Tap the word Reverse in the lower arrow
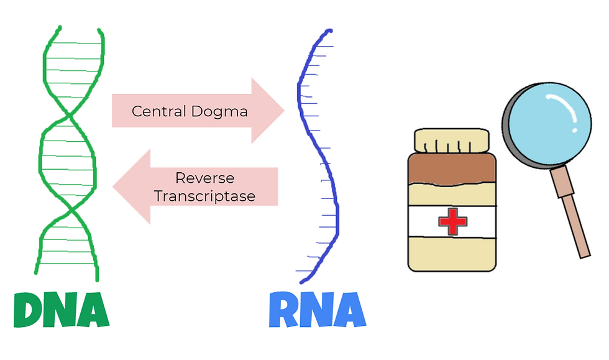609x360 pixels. [204, 178]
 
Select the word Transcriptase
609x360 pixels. [204, 196]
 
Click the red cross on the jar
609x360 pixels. [452, 221]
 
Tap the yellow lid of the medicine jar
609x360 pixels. [452, 141]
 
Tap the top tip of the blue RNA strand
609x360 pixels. [329, 30]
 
